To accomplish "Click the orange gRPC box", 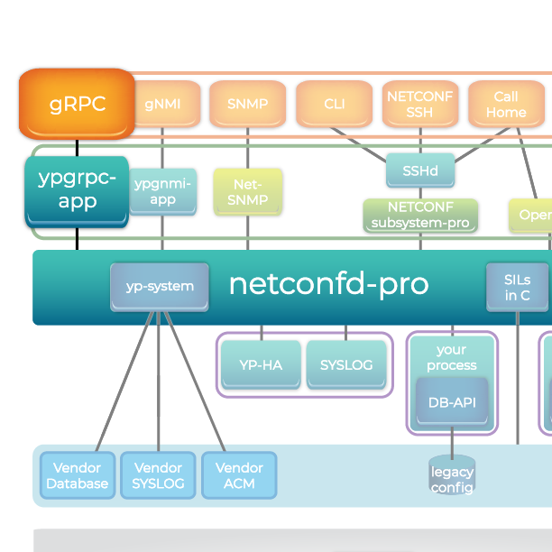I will pyautogui.click(x=77, y=104).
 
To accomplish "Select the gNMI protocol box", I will pyautogui.click(x=162, y=104).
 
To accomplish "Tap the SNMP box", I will pyautogui.click(x=247, y=104).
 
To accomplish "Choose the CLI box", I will pyautogui.click(x=334, y=104).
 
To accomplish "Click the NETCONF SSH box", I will pyautogui.click(x=419, y=104).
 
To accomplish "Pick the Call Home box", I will pyautogui.click(x=505, y=104).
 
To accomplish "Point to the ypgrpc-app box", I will pyautogui.click(x=77, y=189).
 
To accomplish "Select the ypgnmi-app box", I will pyautogui.click(x=162, y=191).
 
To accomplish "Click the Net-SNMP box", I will pyautogui.click(x=247, y=191).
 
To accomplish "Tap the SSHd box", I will pyautogui.click(x=419, y=169).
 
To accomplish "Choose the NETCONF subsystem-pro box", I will pyautogui.click(x=419, y=216).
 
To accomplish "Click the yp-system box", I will pyautogui.click(x=160, y=286).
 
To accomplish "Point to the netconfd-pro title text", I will pyautogui.click(x=328, y=284).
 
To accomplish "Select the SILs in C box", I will pyautogui.click(x=517, y=287).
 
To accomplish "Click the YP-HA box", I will pyautogui.click(x=261, y=364).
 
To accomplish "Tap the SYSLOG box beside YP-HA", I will pyautogui.click(x=345, y=364).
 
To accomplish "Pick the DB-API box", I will pyautogui.click(x=451, y=402).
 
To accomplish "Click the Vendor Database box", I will pyautogui.click(x=78, y=475).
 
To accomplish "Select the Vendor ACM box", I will pyautogui.click(x=239, y=475).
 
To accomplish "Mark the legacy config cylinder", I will pyautogui.click(x=451, y=478).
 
